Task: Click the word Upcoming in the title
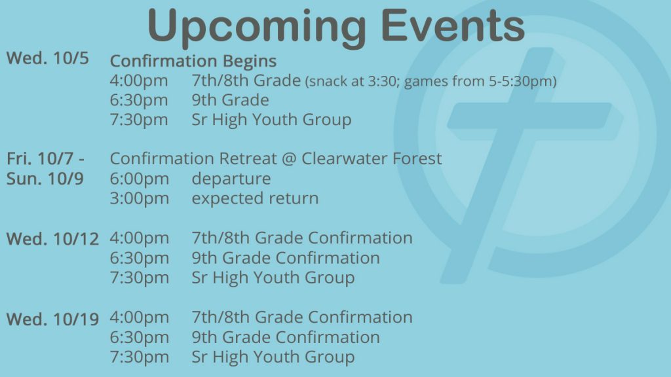tap(257, 26)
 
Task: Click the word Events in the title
tap(453, 25)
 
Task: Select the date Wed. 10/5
tap(47, 58)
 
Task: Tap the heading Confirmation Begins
tap(193, 61)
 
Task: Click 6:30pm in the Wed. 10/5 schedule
tap(139, 100)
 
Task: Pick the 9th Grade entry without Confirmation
tap(230, 100)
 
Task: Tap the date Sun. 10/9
tap(45, 179)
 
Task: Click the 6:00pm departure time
tap(140, 179)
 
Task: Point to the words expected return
tap(255, 199)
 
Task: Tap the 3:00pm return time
tap(140, 199)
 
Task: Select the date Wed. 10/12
tap(52, 239)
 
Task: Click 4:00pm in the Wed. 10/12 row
tap(140, 238)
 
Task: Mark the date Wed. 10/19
tap(52, 319)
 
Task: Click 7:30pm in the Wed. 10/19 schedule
tap(140, 357)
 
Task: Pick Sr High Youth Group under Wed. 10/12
tap(273, 278)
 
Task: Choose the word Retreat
tap(248, 158)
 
